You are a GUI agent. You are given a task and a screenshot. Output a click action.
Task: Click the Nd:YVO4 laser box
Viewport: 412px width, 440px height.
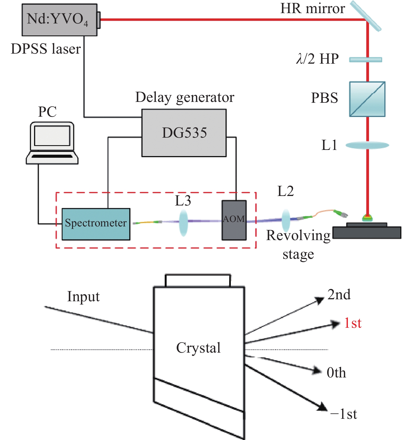(59, 20)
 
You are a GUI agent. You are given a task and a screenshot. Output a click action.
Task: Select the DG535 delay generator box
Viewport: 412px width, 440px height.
(184, 133)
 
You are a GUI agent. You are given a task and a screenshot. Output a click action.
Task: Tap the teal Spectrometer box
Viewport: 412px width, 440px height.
(96, 224)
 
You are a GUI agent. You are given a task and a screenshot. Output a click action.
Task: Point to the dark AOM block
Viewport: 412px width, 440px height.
(234, 220)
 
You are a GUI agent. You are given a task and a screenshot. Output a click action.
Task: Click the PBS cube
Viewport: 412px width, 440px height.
(367, 99)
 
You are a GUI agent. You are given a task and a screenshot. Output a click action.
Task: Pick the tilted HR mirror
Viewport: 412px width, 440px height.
(366, 16)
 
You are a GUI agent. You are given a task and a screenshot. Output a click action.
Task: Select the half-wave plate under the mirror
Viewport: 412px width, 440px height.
(365, 59)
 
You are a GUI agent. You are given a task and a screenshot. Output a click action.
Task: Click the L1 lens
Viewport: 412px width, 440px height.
(367, 145)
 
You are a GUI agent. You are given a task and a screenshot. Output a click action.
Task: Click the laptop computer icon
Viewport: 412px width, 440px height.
(52, 143)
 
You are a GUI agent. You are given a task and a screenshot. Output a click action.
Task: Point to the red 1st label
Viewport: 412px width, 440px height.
(353, 323)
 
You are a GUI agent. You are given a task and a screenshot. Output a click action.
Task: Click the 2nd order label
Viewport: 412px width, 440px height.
(339, 295)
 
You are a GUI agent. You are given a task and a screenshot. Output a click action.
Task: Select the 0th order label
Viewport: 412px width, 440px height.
(336, 373)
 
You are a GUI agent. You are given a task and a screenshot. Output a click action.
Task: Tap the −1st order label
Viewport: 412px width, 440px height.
(343, 414)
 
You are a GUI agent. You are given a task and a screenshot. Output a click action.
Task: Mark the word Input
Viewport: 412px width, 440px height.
(83, 296)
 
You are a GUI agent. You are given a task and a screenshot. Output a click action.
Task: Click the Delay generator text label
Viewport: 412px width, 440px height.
(185, 97)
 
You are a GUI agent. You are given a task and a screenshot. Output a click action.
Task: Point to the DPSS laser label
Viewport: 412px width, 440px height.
(46, 49)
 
